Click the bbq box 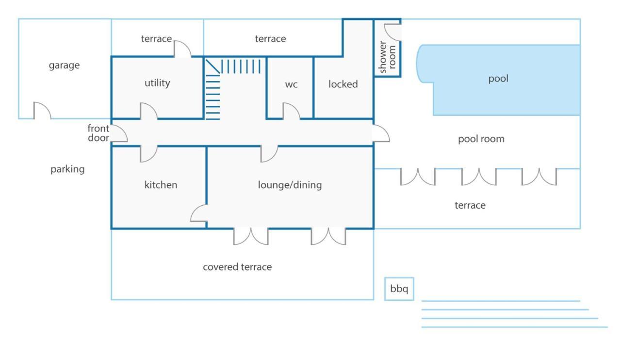point(399,289)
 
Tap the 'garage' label point(65,65)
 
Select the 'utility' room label point(157,83)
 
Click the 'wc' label point(291,84)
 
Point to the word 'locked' point(343,84)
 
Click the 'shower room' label point(387,57)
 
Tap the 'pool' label point(498,79)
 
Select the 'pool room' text point(481,139)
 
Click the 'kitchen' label point(161,185)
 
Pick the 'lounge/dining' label point(290,185)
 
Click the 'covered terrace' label point(237,267)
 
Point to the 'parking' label point(67,169)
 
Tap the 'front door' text point(98,133)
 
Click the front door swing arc point(124,131)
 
